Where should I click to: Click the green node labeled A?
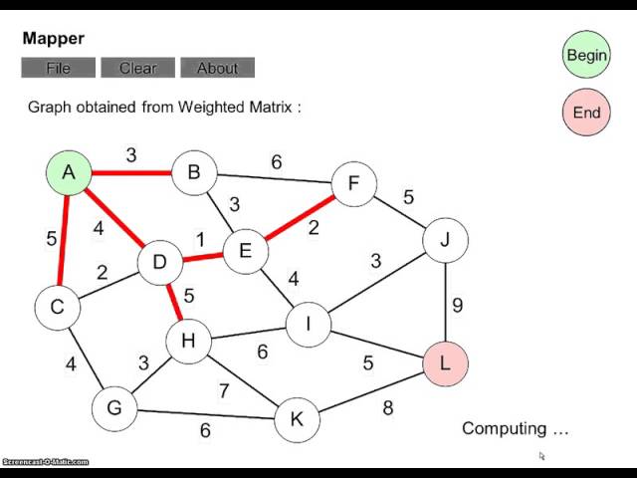pyautogui.click(x=69, y=172)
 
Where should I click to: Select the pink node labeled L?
pyautogui.click(x=445, y=362)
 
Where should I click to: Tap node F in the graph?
pyautogui.click(x=353, y=184)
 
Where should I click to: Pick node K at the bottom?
pyautogui.click(x=296, y=419)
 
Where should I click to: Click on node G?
pyautogui.click(x=114, y=407)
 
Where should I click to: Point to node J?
pyautogui.click(x=445, y=240)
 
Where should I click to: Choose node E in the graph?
pyautogui.click(x=245, y=251)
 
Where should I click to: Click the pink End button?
pyautogui.click(x=586, y=112)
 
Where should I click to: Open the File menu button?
pyautogui.click(x=59, y=68)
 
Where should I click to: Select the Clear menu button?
pyautogui.click(x=138, y=68)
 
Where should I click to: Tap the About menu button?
pyautogui.click(x=217, y=68)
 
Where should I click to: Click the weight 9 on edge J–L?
pyautogui.click(x=458, y=305)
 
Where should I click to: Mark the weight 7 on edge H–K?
pyautogui.click(x=224, y=390)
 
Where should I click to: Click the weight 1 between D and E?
pyautogui.click(x=200, y=240)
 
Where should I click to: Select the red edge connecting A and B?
pyautogui.click(x=130, y=173)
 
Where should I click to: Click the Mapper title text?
pyautogui.click(x=54, y=39)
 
